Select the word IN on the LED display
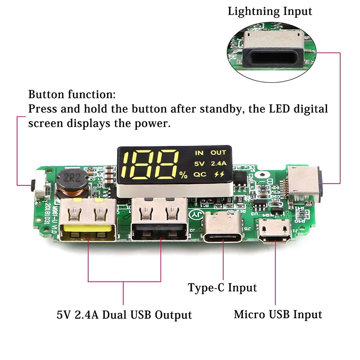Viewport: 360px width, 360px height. [x=198, y=153]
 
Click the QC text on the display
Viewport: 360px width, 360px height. [x=199, y=174]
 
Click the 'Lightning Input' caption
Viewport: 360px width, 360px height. [x=270, y=11]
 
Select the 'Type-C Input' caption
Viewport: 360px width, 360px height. [x=222, y=288]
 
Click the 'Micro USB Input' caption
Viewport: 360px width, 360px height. [x=278, y=314]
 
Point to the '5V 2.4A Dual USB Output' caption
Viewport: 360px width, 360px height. [x=124, y=315]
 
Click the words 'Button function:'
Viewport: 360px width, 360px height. [x=72, y=95]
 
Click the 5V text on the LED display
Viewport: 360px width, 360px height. [x=199, y=163]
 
